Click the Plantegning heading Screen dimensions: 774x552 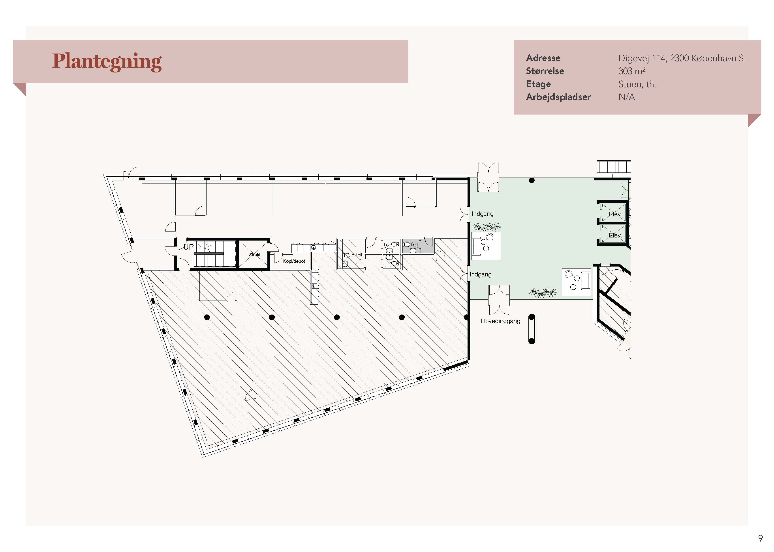[107, 62]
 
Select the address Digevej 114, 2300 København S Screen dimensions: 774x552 [681, 58]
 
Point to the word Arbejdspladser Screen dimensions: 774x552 [558, 97]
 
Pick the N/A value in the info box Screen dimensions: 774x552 [627, 97]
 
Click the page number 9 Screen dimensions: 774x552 [760, 538]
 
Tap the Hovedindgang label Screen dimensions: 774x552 [500, 321]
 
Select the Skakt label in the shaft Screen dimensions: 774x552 [255, 255]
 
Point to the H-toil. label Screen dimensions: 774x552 [357, 255]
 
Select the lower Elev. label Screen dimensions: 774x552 [615, 235]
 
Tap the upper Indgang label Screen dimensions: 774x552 [482, 214]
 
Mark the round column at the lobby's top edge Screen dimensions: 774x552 [532, 180]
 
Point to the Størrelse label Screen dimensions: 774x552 [545, 71]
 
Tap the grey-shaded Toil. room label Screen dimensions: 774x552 [414, 244]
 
